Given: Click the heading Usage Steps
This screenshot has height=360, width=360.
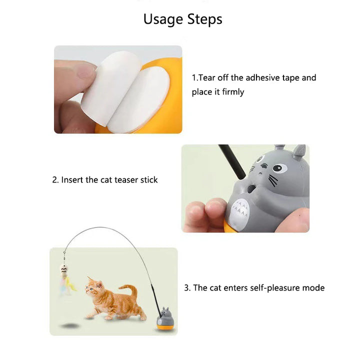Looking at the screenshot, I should click(x=182, y=19).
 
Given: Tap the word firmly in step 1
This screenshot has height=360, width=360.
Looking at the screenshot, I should click(x=231, y=92).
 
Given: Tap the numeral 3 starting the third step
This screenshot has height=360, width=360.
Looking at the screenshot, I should click(x=187, y=288).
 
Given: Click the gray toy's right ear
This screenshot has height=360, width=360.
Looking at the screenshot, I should click(x=299, y=151).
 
